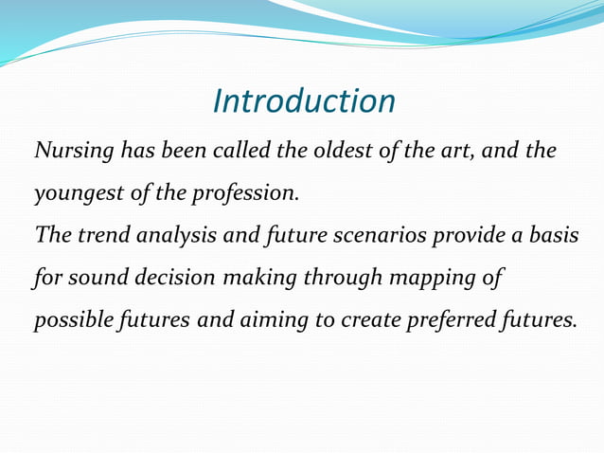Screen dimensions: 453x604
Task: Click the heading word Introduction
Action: (304, 100)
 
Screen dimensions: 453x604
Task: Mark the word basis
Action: (555, 236)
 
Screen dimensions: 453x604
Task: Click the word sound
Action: (81, 279)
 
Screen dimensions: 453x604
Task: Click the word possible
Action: (68, 320)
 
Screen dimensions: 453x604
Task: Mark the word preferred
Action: (451, 321)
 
